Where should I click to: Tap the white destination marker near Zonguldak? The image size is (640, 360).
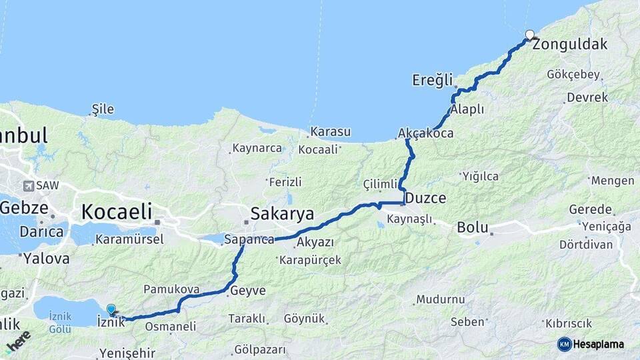coord(530,35)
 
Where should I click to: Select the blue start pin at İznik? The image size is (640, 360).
coord(111,309)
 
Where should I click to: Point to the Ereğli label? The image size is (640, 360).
coord(432,80)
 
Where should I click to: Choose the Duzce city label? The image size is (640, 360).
coord(425,198)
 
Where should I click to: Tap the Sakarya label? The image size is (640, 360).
coord(282,213)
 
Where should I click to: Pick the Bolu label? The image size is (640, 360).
coord(473,228)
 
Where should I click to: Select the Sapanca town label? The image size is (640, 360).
coord(249,239)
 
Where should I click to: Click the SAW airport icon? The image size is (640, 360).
coord(29,186)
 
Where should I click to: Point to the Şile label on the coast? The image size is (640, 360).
coord(103,109)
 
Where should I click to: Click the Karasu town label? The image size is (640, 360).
coord(330,132)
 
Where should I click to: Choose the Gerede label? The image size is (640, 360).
coord(590,209)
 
